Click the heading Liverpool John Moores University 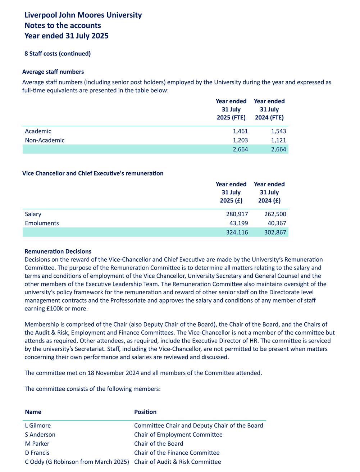pos(83,15)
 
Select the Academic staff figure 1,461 pos(240,131)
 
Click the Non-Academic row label pos(45,140)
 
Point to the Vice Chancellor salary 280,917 pos(237,214)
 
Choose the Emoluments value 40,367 pos(277,223)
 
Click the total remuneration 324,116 pos(237,232)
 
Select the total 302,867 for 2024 pos(275,232)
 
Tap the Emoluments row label pos(42,223)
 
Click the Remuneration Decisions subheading pos(58,251)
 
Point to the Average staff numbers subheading pos(53,72)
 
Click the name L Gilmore pos(38,426)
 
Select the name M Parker pos(37,444)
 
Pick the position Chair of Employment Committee pos(178,435)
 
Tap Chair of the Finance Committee pos(177,453)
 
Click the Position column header pos(145,412)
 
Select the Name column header pos(33,412)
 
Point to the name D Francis pos(37,453)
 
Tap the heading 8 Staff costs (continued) pos(58,54)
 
